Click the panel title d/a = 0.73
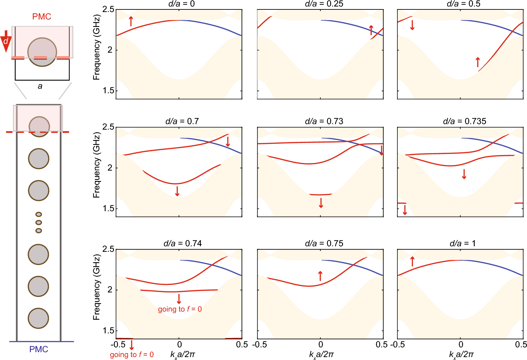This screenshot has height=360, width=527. pos(324,121)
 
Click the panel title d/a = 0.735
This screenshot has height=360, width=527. pos(464,121)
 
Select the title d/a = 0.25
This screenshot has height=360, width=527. pos(324,4)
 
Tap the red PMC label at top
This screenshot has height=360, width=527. pos(42,17)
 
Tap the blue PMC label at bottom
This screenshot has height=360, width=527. pos(38,349)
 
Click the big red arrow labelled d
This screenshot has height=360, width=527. pos(6,42)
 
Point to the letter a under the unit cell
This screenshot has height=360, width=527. pos(40,86)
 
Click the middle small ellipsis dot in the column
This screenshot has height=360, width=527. pos(39,223)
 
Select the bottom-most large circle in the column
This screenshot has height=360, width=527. pos(38,318)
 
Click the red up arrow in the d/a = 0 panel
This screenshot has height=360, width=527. pos(131,21)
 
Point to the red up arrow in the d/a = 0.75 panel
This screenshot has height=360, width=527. pos(320,276)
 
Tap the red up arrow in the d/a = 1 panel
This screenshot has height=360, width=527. pos(412,261)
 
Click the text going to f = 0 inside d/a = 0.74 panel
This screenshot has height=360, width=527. pos(180,309)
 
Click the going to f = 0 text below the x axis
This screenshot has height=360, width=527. pos(132,354)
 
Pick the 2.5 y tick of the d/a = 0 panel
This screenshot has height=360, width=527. pos(108,9)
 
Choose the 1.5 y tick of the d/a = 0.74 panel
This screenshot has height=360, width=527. pos(108,330)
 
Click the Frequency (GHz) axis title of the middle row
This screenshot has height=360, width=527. pos(96,165)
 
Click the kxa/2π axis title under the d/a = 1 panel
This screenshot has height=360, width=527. pos(461,354)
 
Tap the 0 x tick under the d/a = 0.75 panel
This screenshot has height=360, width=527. pos(321,344)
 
